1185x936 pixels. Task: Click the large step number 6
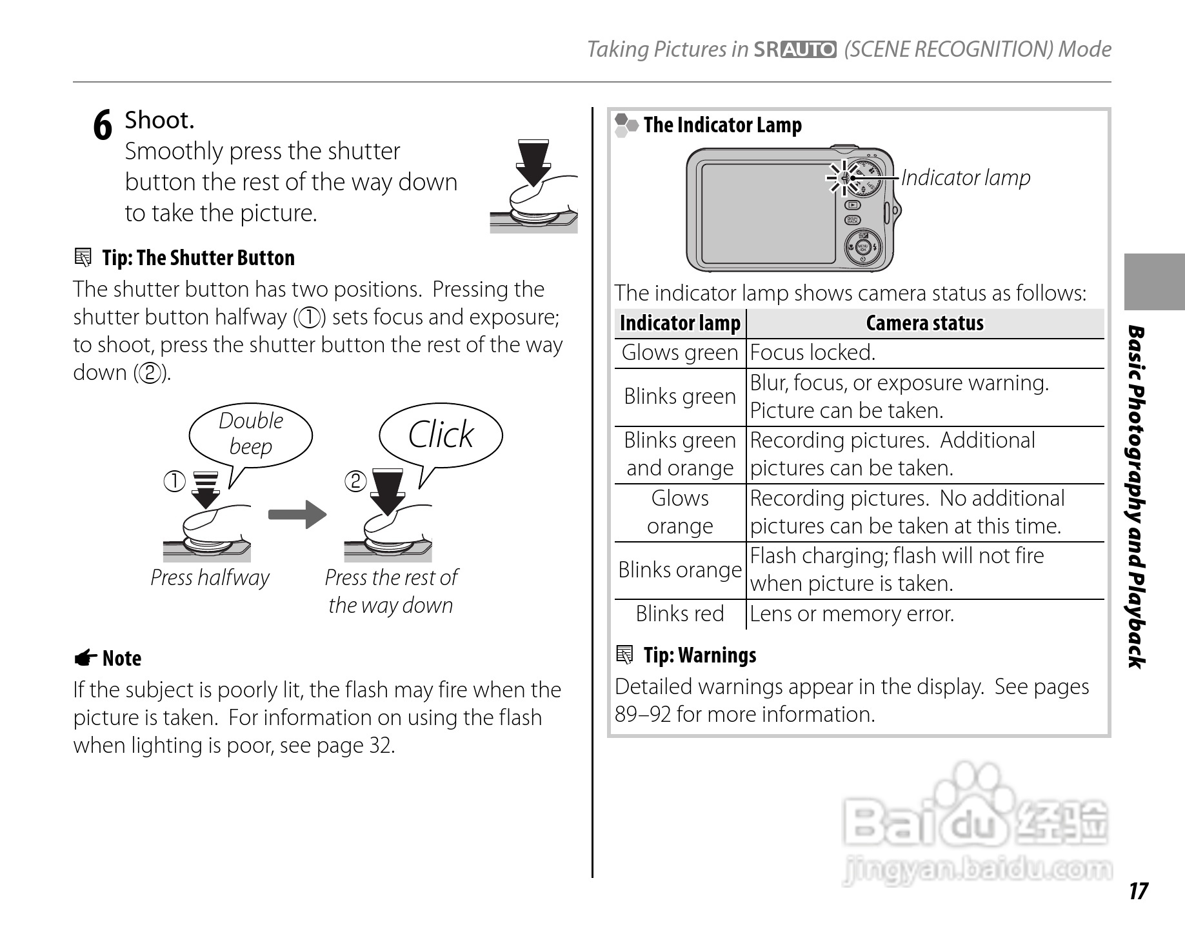tap(103, 125)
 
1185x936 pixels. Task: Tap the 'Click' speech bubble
tap(441, 434)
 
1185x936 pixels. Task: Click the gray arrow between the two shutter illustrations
tap(297, 514)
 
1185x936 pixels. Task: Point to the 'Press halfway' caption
tap(210, 577)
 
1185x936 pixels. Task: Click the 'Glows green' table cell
tap(680, 353)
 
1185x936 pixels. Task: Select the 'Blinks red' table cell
tap(680, 613)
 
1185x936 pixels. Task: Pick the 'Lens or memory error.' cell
tap(851, 613)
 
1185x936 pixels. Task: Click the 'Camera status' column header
tap(924, 323)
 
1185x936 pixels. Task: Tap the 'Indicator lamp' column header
tap(680, 323)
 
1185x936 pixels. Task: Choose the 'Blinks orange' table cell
tap(680, 570)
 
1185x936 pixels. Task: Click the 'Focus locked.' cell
tap(813, 353)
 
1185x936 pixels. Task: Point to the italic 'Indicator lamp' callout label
tap(966, 177)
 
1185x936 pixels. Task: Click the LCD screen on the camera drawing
tap(768, 213)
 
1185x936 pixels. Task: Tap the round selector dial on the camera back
tap(863, 247)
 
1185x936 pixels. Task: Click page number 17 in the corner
tap(1138, 891)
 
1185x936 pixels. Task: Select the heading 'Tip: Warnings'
tap(699, 655)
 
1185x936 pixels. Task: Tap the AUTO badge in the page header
tap(808, 50)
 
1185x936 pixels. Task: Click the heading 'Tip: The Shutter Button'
tap(197, 258)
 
